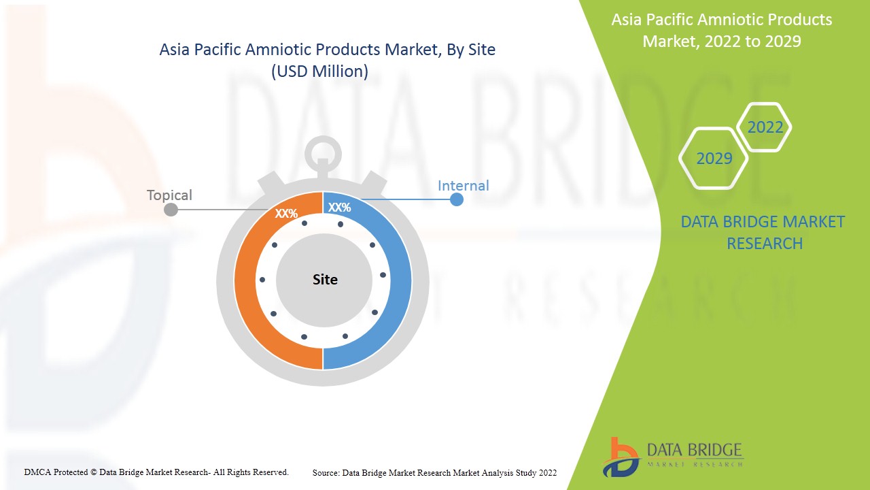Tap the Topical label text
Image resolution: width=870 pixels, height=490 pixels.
169,195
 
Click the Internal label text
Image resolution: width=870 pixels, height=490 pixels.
463,186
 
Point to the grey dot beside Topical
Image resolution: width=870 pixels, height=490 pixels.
171,210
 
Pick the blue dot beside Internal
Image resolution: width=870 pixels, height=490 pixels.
456,199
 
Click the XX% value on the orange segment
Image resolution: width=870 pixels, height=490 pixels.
286,213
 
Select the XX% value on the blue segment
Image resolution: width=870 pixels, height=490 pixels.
339,208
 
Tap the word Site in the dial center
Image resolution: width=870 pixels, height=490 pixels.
325,279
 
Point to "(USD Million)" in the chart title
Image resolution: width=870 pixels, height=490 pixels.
319,71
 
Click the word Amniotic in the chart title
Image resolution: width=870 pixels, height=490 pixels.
279,50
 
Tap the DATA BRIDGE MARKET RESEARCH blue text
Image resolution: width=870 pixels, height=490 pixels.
763,233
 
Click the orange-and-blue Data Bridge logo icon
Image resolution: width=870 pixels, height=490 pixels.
621,457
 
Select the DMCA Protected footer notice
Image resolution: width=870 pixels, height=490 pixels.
156,472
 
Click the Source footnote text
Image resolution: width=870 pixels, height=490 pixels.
434,473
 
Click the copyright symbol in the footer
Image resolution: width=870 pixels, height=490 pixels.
94,472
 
